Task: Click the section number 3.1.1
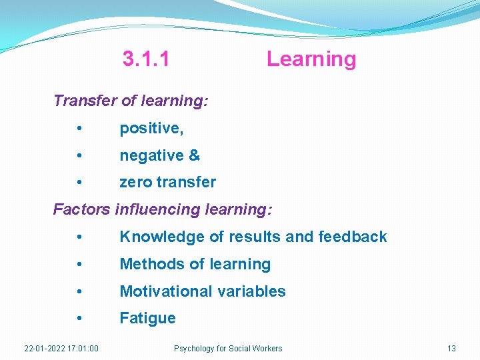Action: (x=146, y=59)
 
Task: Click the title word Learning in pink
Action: (x=311, y=59)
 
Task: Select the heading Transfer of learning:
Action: (x=131, y=101)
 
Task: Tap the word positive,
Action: (x=151, y=128)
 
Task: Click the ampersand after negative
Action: (x=194, y=155)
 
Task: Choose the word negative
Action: (x=151, y=155)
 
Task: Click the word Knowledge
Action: (x=157, y=237)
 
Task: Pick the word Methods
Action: (x=147, y=264)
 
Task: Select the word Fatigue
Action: (x=147, y=319)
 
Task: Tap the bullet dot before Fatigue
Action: (x=79, y=319)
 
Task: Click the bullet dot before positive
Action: (x=79, y=128)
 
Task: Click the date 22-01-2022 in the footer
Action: (x=44, y=349)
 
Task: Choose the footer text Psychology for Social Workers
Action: (x=228, y=349)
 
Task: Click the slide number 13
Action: (x=451, y=349)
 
